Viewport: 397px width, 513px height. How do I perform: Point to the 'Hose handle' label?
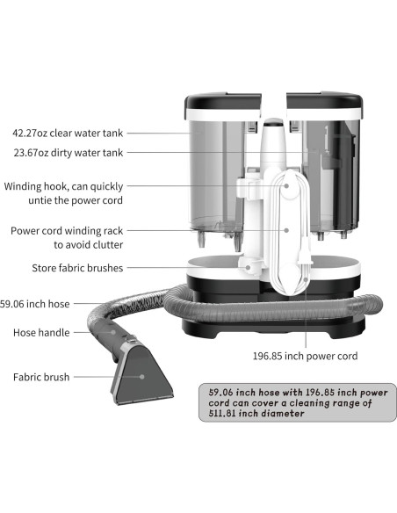(x=40, y=333)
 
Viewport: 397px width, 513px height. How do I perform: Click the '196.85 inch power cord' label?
(x=305, y=356)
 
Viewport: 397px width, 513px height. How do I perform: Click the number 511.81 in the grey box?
(x=226, y=414)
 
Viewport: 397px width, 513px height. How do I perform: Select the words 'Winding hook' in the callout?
(x=40, y=186)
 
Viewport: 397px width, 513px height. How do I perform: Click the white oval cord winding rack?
(x=285, y=233)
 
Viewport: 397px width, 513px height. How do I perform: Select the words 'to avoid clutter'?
(x=88, y=245)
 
